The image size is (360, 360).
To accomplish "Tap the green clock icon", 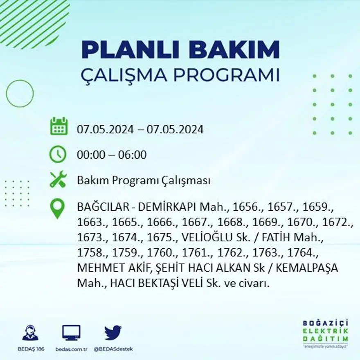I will pyautogui.click(x=58, y=154).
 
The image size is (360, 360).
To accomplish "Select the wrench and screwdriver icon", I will pyautogui.click(x=58, y=180).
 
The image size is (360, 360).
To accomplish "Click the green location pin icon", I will pyautogui.click(x=58, y=208).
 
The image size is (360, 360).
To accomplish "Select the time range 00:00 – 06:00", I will pyautogui.click(x=112, y=155).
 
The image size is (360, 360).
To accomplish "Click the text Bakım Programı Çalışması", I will pyautogui.click(x=144, y=180).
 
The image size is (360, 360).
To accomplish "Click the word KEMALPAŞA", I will pyautogui.click(x=313, y=268).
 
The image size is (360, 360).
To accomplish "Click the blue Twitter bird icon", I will pyautogui.click(x=112, y=333).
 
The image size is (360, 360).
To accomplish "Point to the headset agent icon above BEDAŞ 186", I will pyautogui.click(x=30, y=333).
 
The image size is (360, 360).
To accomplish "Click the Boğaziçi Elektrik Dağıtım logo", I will pyautogui.click(x=326, y=332).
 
